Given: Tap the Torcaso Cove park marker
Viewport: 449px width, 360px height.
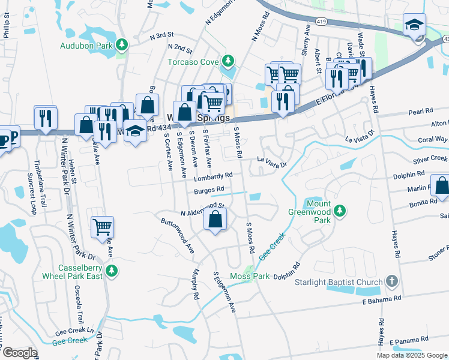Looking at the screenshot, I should click(x=228, y=61).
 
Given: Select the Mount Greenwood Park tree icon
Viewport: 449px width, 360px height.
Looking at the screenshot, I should click(x=340, y=211).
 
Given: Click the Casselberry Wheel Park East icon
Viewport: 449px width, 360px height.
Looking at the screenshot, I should click(x=111, y=272).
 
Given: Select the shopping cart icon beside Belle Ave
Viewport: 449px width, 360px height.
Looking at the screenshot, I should click(x=103, y=227).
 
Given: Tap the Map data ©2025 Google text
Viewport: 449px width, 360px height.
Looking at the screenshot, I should click(x=412, y=355).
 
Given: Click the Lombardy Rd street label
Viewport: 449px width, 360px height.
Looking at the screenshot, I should click(x=212, y=176).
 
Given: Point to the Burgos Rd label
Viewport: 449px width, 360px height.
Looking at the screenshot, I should click(x=209, y=190).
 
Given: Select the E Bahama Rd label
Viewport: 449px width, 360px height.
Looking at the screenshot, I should click(x=381, y=298).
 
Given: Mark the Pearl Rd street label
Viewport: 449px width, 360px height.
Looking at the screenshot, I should click(x=420, y=112).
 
